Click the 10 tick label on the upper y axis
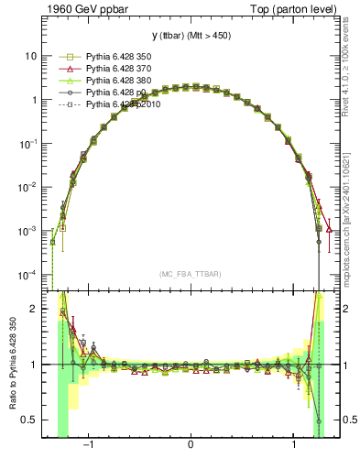click(30, 56)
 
